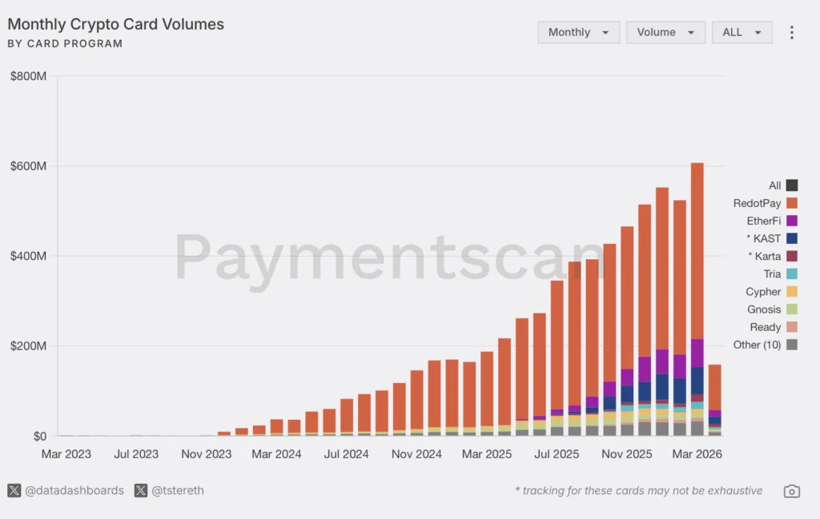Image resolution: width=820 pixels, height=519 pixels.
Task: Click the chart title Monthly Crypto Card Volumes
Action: point(115,24)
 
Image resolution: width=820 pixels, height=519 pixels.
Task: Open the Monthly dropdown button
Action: point(578,33)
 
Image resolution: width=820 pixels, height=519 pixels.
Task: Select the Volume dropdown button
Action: point(665,33)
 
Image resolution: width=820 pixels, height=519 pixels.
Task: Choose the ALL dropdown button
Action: point(742,33)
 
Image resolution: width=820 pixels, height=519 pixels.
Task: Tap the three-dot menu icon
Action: point(792,33)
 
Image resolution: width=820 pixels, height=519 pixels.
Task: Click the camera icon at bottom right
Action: point(791,491)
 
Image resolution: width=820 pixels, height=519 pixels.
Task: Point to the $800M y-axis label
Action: point(28,77)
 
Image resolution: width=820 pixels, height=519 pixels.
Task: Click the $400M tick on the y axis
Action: point(28,257)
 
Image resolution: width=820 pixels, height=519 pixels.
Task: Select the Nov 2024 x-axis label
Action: point(416,454)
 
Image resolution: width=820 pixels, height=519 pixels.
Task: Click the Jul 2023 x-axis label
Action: point(135,454)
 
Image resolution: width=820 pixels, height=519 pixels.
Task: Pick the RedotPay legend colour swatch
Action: point(792,203)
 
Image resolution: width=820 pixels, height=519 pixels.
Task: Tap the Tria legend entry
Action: point(772,274)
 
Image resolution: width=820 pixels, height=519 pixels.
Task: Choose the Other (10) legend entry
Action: point(757,345)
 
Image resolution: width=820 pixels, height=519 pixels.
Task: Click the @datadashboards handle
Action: point(74,490)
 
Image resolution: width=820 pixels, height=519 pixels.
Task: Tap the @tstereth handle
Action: point(177,490)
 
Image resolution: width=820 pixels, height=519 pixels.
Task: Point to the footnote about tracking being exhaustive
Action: point(638,491)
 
